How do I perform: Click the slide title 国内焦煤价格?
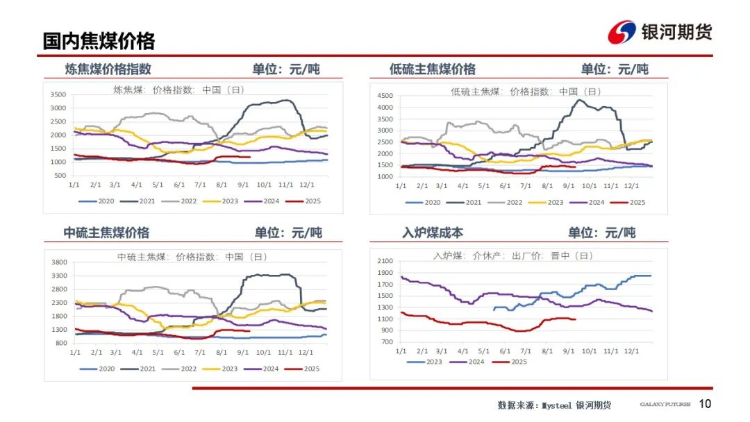pyautogui.click(x=99, y=40)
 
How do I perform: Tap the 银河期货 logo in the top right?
pyautogui.click(x=660, y=32)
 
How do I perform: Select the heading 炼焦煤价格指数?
pyautogui.click(x=108, y=69)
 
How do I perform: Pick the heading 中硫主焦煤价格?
pyautogui.click(x=106, y=233)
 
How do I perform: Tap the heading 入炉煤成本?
pyautogui.click(x=433, y=233)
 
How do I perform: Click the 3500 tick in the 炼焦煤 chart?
pyautogui.click(x=58, y=94)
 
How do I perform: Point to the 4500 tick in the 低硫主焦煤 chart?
pyautogui.click(x=385, y=95)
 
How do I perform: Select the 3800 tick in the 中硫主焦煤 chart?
pyautogui.click(x=58, y=262)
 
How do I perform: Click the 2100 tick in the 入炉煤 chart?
pyautogui.click(x=385, y=261)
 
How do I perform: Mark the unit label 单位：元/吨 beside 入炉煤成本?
pyautogui.click(x=601, y=233)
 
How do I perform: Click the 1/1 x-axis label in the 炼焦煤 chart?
pyautogui.click(x=74, y=185)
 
